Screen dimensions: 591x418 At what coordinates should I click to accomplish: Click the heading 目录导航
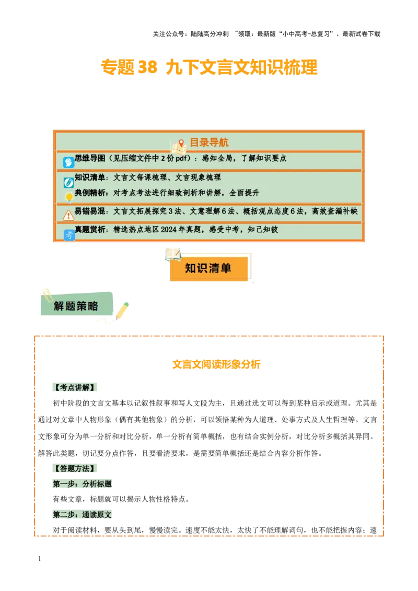[209, 143]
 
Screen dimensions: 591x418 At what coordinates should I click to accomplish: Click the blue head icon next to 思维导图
[68, 162]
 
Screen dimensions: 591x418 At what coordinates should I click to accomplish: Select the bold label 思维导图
[90, 158]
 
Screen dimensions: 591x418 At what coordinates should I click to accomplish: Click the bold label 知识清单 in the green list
[90, 178]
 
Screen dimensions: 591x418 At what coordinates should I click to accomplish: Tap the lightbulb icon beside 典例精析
[68, 197]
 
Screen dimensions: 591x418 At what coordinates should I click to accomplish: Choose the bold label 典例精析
[90, 193]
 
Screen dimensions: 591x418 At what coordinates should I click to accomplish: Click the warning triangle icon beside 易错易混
[68, 215]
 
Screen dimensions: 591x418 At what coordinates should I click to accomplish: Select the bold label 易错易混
[90, 211]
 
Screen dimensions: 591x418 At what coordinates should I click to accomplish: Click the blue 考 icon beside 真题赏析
[69, 235]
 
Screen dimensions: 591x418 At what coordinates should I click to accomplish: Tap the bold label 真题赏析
[90, 229]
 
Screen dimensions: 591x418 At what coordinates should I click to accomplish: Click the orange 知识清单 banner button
[208, 269]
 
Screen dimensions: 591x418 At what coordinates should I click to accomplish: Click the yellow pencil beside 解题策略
[122, 311]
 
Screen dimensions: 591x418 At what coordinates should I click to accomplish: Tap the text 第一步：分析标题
[82, 484]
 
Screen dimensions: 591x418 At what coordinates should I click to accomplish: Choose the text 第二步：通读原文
[82, 515]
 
